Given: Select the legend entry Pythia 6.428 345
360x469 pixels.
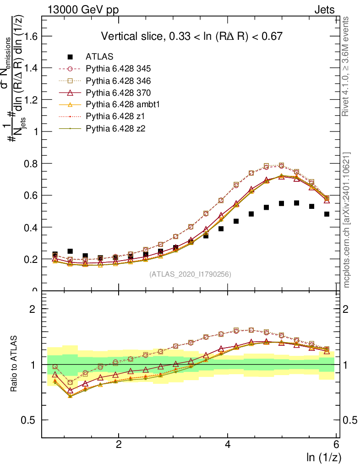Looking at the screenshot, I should pyautogui.click(x=118, y=69).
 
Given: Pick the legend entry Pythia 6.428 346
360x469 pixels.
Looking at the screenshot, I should pyautogui.click(x=118, y=81).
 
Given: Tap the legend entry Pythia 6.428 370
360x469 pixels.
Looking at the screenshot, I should pyautogui.click(x=118, y=93).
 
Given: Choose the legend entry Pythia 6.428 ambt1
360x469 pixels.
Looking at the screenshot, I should pyautogui.click(x=121, y=104).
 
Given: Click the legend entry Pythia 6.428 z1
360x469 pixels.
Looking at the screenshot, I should pyautogui.click(x=115, y=116).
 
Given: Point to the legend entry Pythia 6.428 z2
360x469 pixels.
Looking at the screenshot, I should pyautogui.click(x=115, y=128).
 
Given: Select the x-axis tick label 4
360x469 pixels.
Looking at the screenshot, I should pyautogui.click(x=228, y=445).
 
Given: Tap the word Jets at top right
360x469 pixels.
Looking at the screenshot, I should pyautogui.click(x=324, y=10).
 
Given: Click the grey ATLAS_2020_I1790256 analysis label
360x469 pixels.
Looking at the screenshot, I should pyautogui.click(x=190, y=274).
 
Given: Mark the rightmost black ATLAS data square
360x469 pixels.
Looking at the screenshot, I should pyautogui.click(x=327, y=214).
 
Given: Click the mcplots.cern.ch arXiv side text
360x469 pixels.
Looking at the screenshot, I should pyautogui.click(x=347, y=220).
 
